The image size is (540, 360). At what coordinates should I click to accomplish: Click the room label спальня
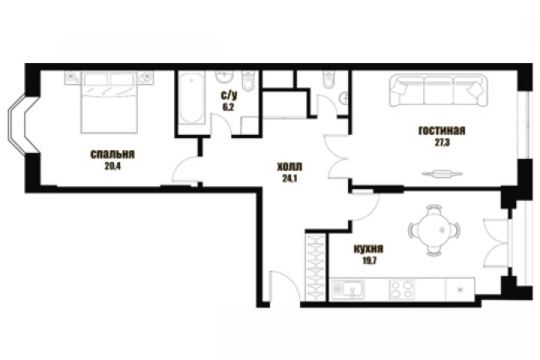112,154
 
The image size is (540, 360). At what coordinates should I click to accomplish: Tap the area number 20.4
112,166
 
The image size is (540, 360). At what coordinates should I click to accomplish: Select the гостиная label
442,130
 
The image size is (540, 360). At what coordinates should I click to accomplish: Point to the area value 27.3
442,142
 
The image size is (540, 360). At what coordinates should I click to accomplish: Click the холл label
289,167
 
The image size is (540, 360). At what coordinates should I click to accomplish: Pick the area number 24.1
289,178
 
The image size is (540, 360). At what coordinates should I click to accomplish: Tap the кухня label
368,249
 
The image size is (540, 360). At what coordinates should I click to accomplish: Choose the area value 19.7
369,260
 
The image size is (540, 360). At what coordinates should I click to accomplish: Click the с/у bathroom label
229,95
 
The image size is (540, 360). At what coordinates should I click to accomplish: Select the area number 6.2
228,107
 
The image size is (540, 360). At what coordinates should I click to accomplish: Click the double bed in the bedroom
109,102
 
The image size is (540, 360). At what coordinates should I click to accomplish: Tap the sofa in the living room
439,90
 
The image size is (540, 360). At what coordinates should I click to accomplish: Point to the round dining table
434,230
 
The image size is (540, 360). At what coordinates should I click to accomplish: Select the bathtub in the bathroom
191,97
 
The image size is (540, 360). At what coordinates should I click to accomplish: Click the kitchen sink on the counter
348,289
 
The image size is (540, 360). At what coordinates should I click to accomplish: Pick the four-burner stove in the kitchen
401,289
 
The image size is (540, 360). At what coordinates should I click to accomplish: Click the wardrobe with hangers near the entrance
316,268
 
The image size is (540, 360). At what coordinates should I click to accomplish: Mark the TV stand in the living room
442,174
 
